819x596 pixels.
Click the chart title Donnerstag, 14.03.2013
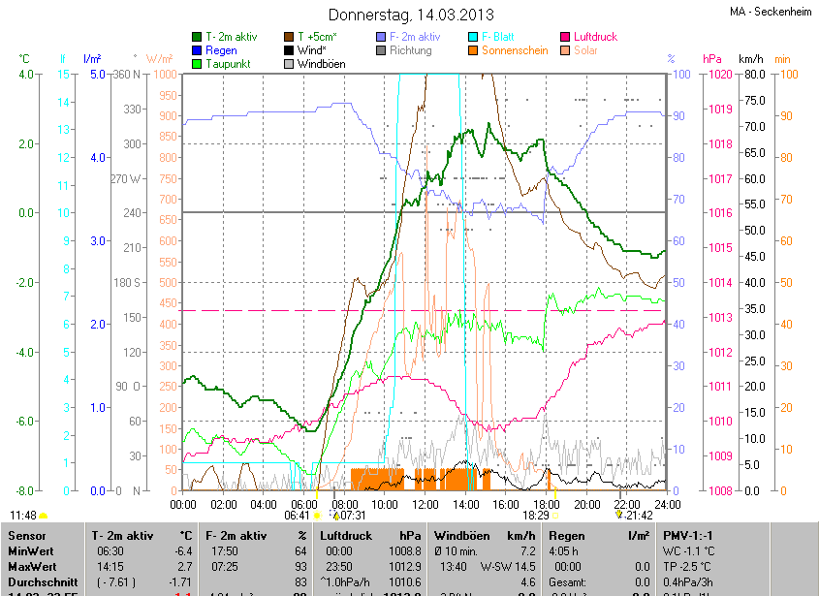point(411,15)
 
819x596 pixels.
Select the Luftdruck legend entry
point(594,37)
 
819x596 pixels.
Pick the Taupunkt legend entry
point(228,64)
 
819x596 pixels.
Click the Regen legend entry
point(220,50)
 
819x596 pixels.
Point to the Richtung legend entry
point(410,50)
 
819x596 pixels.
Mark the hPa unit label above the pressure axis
point(712,59)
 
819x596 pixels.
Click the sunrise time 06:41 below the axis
point(297,517)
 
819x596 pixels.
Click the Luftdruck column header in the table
point(346,534)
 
